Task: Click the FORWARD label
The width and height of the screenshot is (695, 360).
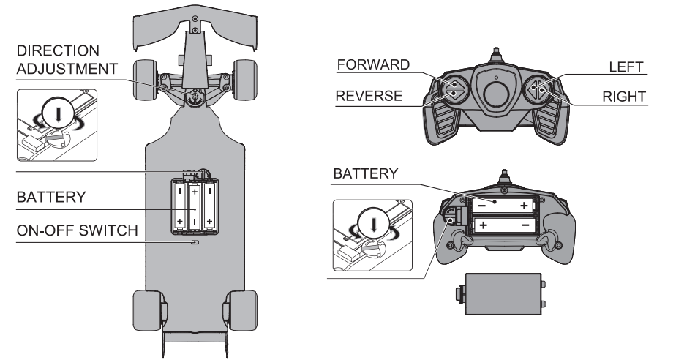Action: coord(373,64)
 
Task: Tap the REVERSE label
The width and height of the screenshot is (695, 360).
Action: coord(369,96)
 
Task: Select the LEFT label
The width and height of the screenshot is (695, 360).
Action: coord(625,67)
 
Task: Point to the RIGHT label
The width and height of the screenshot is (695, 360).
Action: coord(623,97)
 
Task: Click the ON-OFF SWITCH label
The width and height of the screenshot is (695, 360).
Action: coord(77,230)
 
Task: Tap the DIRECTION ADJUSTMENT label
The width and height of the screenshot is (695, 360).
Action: coord(67,60)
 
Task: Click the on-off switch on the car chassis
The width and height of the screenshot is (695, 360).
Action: coord(195,242)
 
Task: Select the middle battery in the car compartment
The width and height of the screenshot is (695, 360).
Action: coord(195,207)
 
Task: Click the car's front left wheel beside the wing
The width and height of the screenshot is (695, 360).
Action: coord(145,80)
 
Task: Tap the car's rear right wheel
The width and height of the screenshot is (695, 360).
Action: coord(242,310)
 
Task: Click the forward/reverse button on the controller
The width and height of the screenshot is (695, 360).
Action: coord(454,89)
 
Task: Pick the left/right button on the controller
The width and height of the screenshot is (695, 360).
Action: coord(537,89)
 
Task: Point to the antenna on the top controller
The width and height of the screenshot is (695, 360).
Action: coord(495,56)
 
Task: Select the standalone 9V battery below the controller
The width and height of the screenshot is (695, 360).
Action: coord(501,294)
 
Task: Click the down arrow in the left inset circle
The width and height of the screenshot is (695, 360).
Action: coord(58,115)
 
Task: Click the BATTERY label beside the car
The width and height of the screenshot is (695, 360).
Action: coord(51,197)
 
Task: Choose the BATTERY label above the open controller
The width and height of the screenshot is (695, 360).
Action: coord(366,173)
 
